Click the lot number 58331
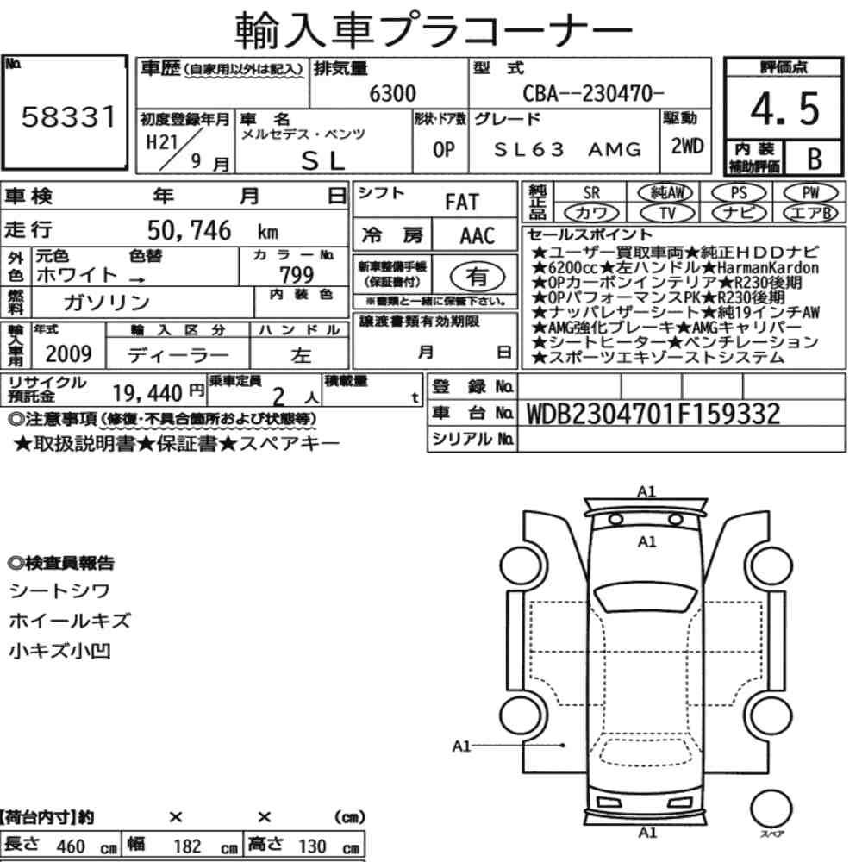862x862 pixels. pos(69,116)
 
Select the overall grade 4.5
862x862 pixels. pos(784,109)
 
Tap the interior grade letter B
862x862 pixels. pos(815,159)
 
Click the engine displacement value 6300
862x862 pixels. pos(392,93)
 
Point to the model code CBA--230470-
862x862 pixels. pos(593,93)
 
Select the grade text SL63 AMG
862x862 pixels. pos(567,149)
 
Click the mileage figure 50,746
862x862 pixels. pos(189,230)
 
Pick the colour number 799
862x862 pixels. pos(297,274)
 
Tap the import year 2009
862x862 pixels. pos(68,353)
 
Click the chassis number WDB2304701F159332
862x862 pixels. pos(653,414)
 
